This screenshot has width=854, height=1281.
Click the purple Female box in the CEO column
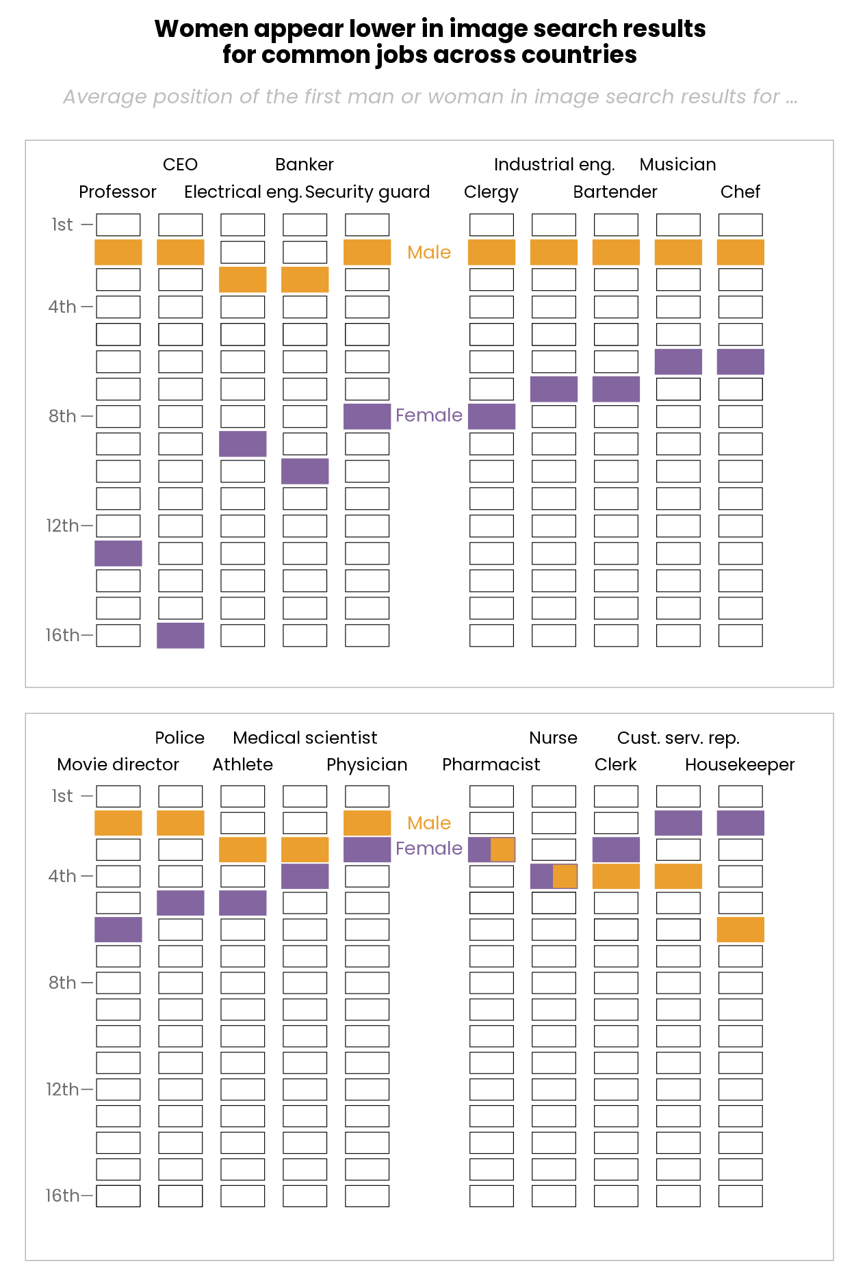click(180, 635)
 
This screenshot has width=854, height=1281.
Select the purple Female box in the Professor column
click(118, 553)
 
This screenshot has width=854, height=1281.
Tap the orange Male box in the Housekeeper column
click(740, 929)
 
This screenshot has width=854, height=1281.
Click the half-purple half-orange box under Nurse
click(554, 876)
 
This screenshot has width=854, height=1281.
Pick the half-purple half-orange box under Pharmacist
click(491, 849)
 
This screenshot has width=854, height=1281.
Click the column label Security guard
click(367, 192)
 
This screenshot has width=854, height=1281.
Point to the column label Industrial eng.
click(554, 165)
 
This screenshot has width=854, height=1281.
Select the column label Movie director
click(118, 764)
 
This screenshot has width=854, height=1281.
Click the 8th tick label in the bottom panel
click(62, 983)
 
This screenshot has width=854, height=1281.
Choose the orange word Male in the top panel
click(429, 253)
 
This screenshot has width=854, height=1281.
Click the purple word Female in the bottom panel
click(429, 849)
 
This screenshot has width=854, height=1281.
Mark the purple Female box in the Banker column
click(305, 471)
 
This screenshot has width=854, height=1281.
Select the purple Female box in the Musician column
click(678, 361)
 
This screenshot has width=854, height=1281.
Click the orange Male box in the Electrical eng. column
click(242, 279)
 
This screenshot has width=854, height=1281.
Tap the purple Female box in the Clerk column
click(616, 849)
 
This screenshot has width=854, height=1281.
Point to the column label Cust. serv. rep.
click(678, 738)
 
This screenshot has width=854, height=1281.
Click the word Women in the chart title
click(201, 29)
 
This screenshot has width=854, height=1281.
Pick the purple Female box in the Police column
click(180, 903)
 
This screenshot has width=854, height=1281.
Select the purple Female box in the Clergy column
click(491, 416)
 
